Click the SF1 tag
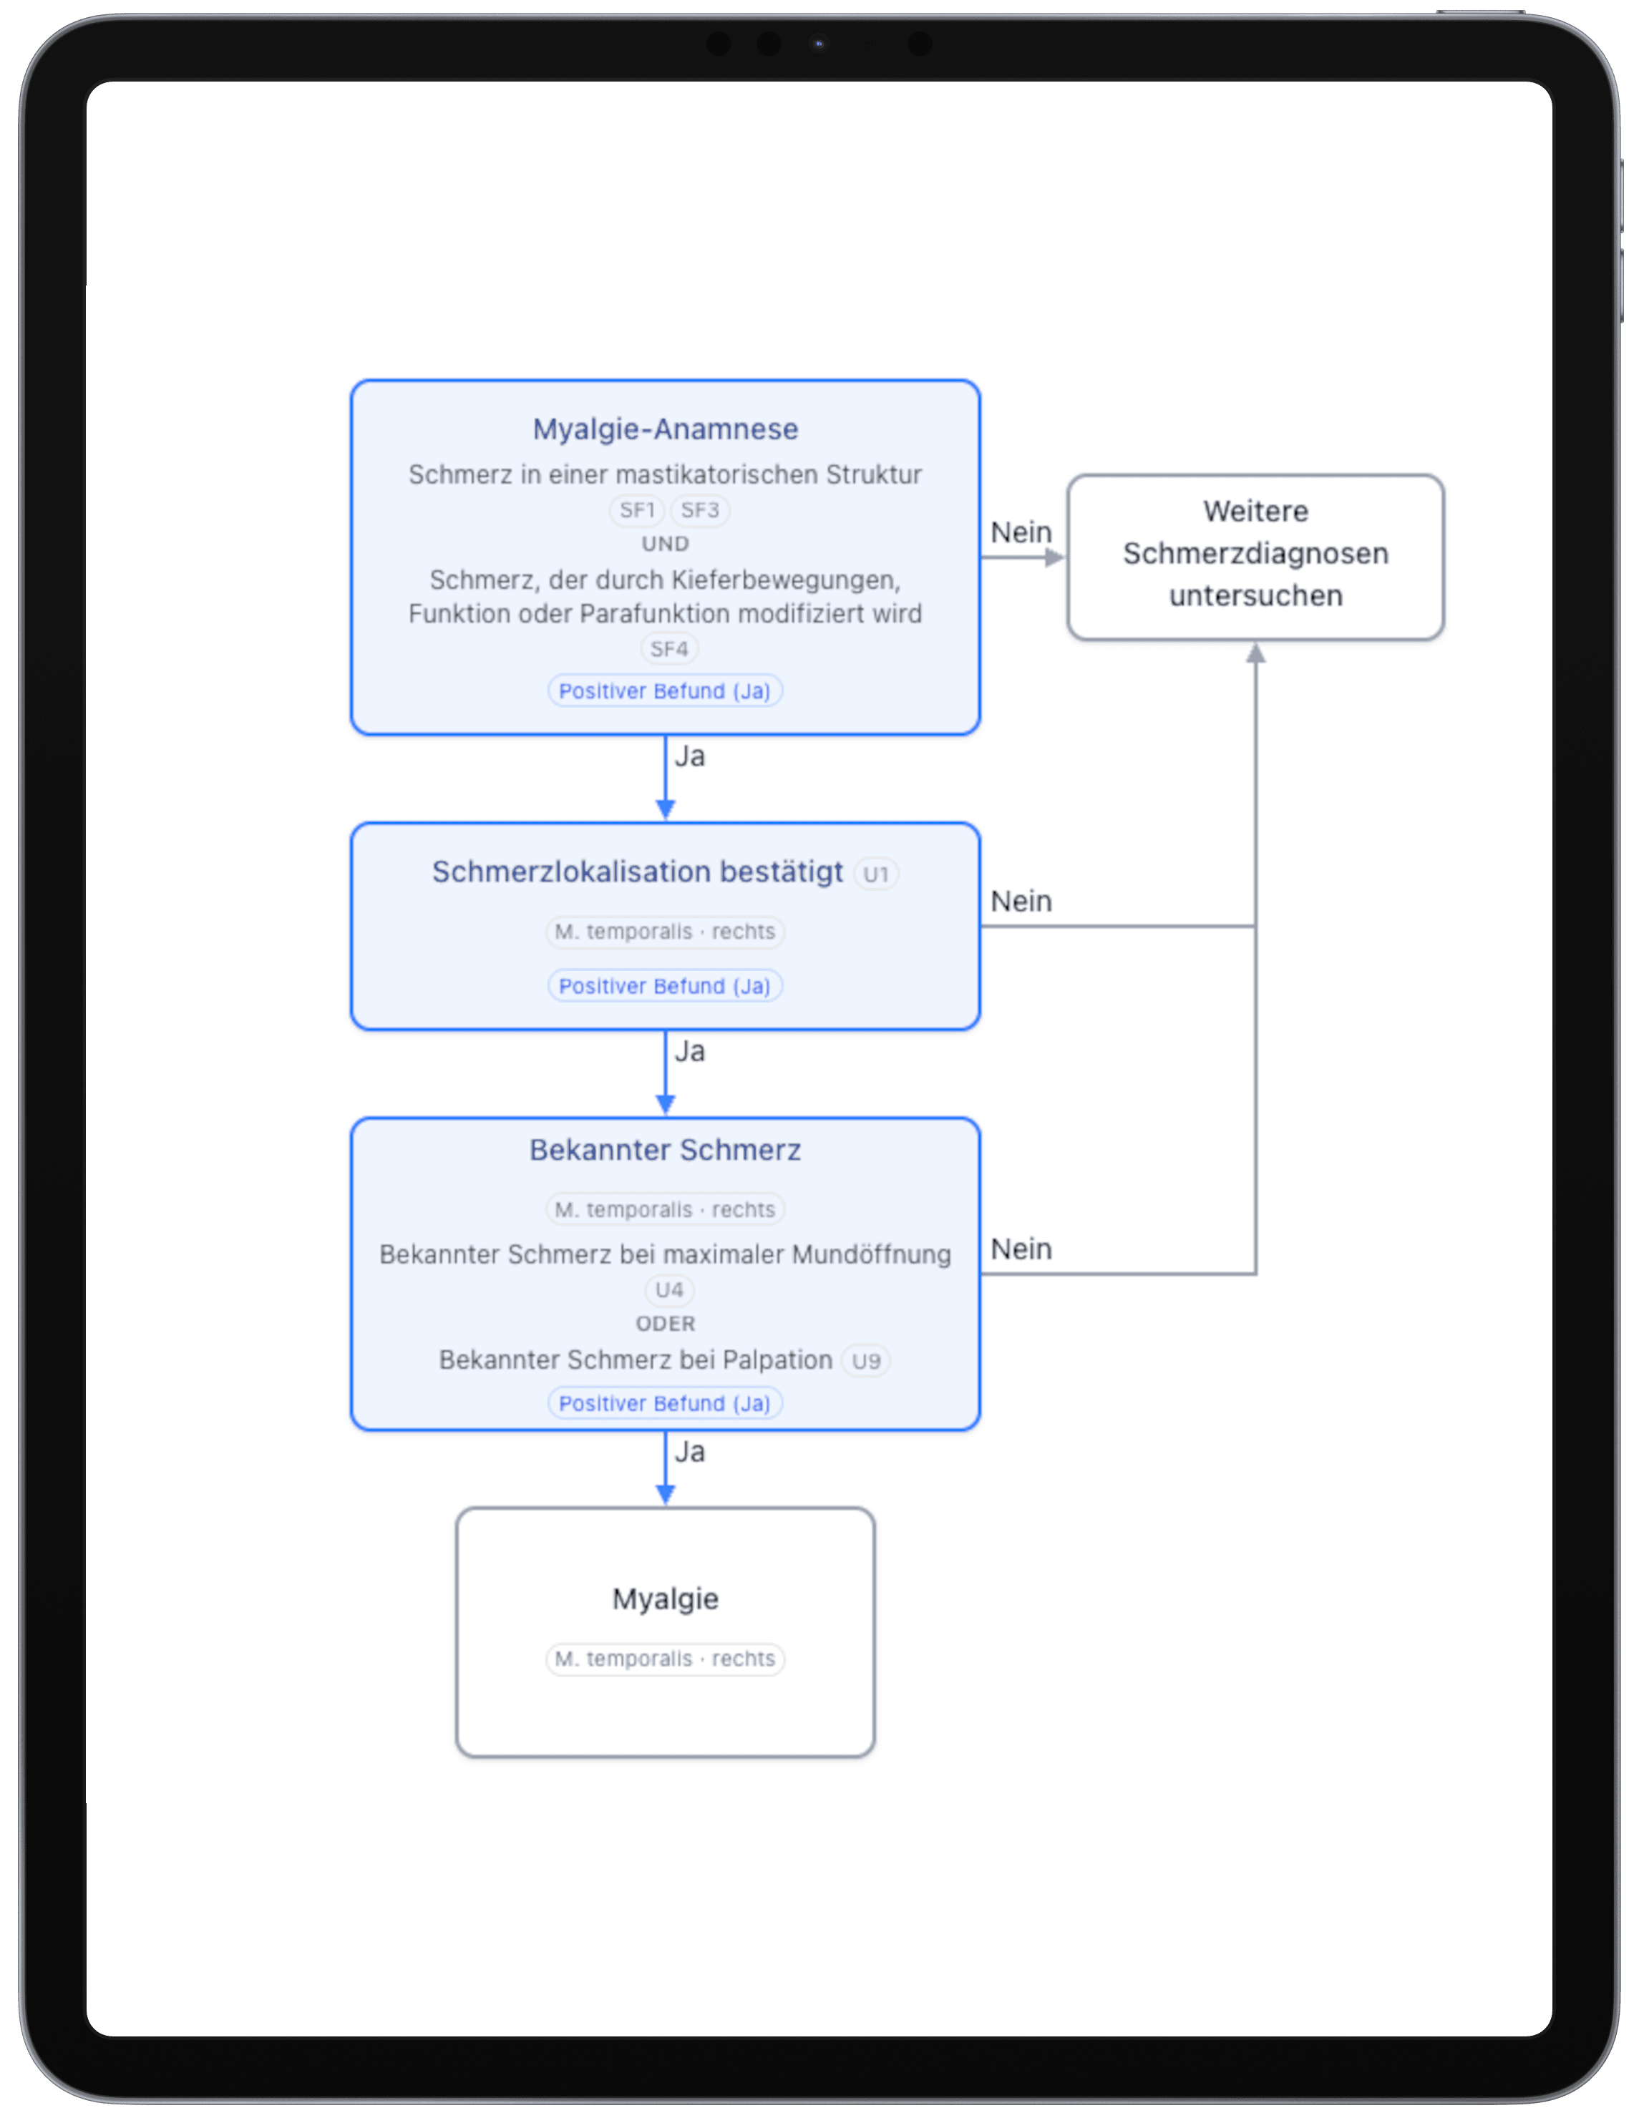click(x=637, y=510)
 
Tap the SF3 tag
click(x=699, y=510)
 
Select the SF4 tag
click(x=669, y=649)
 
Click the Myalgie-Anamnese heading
click(x=666, y=429)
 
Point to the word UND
click(x=666, y=544)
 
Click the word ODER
click(x=666, y=1324)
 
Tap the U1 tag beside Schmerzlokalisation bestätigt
click(x=876, y=874)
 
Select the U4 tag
click(x=669, y=1290)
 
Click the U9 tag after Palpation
click(x=865, y=1361)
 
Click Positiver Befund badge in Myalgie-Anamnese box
click(x=666, y=691)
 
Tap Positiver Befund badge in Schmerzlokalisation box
click(x=666, y=986)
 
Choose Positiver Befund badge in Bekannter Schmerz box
click(x=666, y=1403)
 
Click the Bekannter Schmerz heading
click(x=666, y=1150)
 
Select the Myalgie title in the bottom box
click(x=666, y=1599)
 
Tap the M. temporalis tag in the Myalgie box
click(x=666, y=1659)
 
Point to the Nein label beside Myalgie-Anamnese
click(x=1020, y=532)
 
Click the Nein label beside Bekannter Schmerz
click(x=1020, y=1249)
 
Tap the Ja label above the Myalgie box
click(x=689, y=1452)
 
